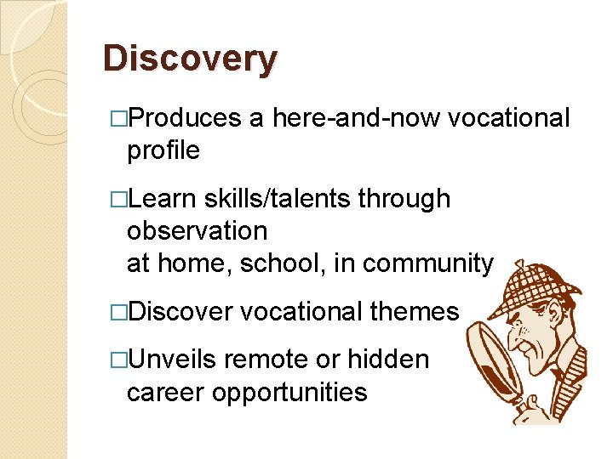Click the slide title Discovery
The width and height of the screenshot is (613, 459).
coord(190,59)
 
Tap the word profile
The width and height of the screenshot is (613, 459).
coord(163,151)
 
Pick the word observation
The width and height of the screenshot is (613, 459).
coord(197,231)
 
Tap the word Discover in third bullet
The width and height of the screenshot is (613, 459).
coord(180,312)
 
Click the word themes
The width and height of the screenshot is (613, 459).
coord(415,312)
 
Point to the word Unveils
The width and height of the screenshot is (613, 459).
coord(175,360)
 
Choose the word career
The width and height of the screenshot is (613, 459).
coord(163,392)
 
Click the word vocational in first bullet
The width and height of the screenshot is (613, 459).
coord(508,119)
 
